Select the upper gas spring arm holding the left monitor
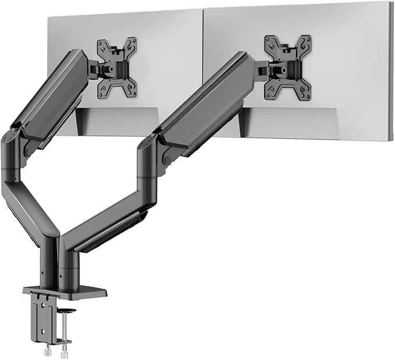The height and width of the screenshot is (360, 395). click(49, 96)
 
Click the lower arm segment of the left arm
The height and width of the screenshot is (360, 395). click(29, 206)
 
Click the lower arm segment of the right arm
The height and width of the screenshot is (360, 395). click(105, 218)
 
